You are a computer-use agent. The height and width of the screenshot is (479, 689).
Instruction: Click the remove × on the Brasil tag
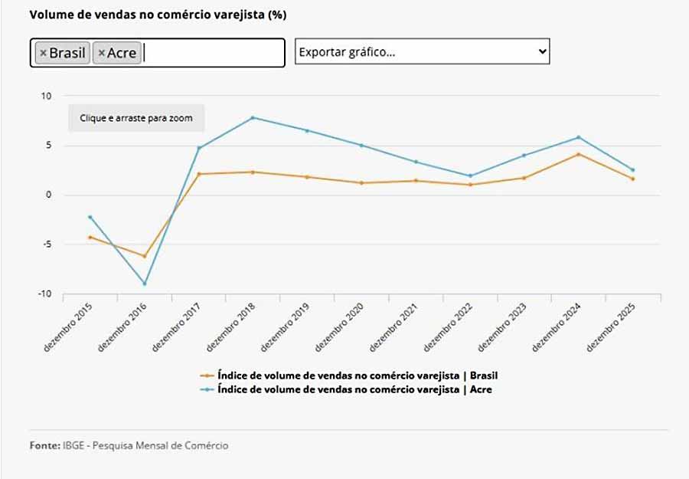(x=43, y=53)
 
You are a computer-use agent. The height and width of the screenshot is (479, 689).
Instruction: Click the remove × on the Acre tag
(x=101, y=53)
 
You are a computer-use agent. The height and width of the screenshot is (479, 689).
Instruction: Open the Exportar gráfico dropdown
(x=422, y=51)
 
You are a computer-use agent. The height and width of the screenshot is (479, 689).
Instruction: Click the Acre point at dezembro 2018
(x=253, y=117)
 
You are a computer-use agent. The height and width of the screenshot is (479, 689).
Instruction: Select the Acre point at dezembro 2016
(x=144, y=284)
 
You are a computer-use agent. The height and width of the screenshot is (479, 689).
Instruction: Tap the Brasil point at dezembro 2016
(x=144, y=256)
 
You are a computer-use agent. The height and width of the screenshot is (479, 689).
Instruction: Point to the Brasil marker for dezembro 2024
(x=579, y=154)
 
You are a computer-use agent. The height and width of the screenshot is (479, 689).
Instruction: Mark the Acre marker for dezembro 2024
(x=579, y=137)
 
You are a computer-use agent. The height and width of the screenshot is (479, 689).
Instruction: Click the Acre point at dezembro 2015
(x=90, y=217)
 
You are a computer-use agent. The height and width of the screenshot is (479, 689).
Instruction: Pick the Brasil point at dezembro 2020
(x=361, y=183)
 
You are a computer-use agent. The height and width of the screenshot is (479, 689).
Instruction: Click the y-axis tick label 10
(x=47, y=96)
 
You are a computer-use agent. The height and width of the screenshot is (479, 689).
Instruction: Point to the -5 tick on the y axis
(x=46, y=244)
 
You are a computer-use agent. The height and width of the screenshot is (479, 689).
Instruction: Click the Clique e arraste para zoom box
(x=136, y=118)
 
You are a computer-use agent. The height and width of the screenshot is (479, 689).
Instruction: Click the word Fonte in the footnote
(x=44, y=445)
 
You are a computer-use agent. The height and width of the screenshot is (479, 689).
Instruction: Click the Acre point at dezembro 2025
(x=633, y=170)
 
